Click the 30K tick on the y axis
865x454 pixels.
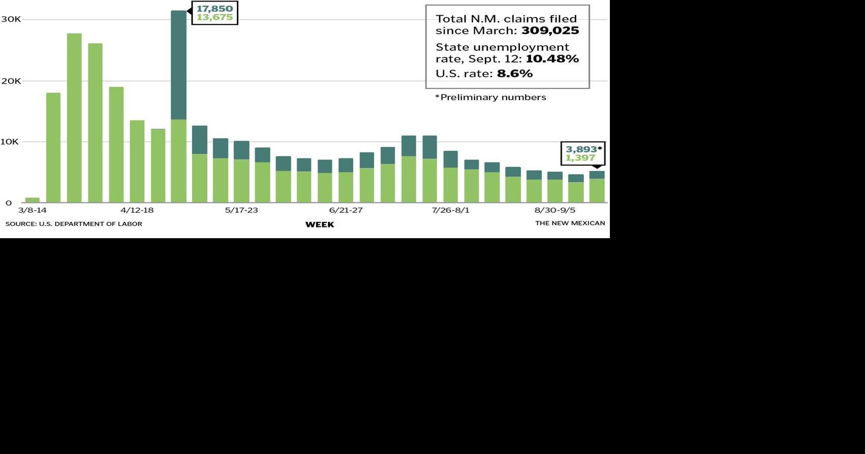click(x=11, y=19)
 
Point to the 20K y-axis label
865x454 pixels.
click(x=11, y=81)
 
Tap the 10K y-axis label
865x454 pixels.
click(x=10, y=142)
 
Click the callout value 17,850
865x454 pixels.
click(x=214, y=9)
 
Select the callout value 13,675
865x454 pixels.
click(x=214, y=18)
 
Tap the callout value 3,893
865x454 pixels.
click(x=581, y=149)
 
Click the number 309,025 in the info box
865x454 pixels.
click(x=550, y=30)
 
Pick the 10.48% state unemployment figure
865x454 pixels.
click(x=552, y=59)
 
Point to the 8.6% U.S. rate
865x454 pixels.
click(x=515, y=74)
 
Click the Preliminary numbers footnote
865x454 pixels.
click(x=490, y=98)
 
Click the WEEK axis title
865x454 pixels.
click(x=319, y=224)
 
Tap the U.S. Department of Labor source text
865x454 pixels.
click(x=74, y=224)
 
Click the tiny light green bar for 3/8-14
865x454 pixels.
click(x=32, y=200)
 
